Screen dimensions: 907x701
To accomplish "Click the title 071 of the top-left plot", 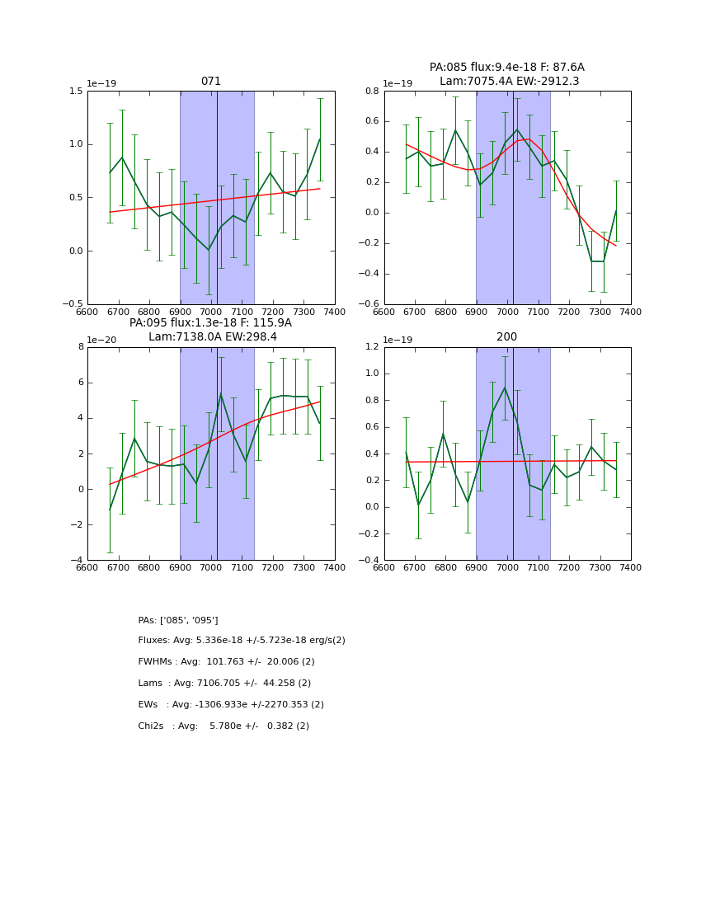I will click(211, 82).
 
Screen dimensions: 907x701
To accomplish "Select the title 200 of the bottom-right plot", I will click(506, 337).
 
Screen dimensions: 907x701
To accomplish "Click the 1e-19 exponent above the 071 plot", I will click(102, 83).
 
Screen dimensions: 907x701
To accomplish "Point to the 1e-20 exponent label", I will click(102, 340).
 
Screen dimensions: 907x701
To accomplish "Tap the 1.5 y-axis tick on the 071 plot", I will click(76, 91).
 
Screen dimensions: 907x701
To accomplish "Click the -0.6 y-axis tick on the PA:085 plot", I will click(369, 304).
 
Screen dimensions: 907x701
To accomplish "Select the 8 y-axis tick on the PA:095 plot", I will click(80, 347).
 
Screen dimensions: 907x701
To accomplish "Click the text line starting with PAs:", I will click(178, 620).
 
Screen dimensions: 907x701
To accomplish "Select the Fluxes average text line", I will click(242, 641).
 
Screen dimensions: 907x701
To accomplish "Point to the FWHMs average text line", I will click(226, 662).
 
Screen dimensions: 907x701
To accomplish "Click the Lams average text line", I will click(224, 684).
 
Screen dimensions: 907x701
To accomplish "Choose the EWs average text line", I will click(231, 705).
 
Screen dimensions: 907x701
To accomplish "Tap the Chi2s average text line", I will click(223, 726).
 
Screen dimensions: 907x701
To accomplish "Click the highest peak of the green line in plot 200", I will click(505, 387).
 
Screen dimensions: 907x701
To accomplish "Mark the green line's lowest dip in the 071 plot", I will click(209, 250).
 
